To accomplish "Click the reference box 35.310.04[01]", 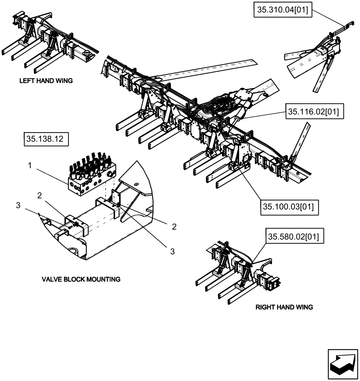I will [283, 11].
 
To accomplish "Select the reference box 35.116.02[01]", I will [313, 112].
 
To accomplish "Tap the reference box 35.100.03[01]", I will [289, 207].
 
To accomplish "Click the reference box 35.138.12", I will [46, 140].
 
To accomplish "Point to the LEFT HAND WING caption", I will [46, 81].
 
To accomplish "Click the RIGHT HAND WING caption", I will [284, 307].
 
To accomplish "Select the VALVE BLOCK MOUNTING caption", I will [81, 279].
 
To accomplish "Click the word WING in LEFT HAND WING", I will [64, 81].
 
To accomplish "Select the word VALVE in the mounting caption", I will [51, 279].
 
